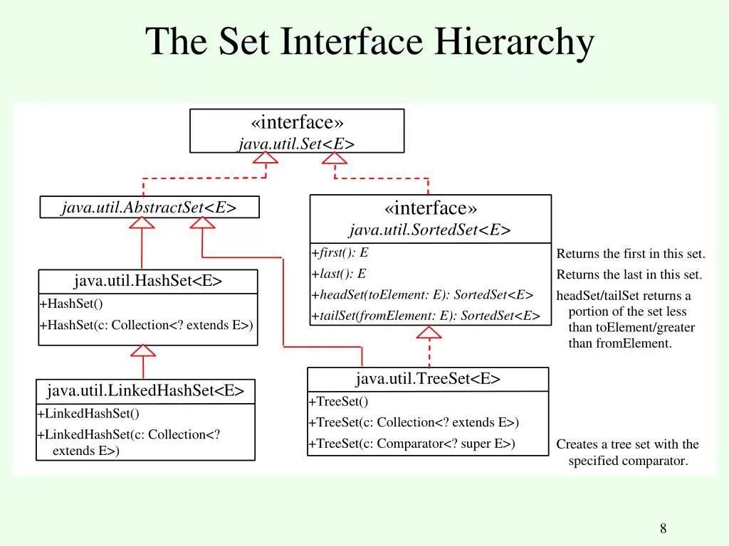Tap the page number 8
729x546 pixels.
click(x=664, y=528)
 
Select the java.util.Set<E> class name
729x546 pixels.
click(x=296, y=144)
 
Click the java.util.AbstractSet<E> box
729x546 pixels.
click(x=149, y=208)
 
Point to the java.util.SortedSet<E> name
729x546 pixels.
click(x=430, y=230)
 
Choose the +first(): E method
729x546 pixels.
click(x=340, y=252)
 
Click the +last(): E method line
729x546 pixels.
click(x=339, y=274)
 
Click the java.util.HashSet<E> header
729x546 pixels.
click(x=148, y=281)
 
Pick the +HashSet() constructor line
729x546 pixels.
click(x=71, y=304)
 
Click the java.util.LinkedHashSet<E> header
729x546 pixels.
click(x=145, y=390)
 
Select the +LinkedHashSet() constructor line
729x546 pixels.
click(x=88, y=413)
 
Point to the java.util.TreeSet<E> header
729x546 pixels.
click(x=428, y=379)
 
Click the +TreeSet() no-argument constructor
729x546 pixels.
click(x=338, y=401)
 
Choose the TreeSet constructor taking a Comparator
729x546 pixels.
click(x=411, y=444)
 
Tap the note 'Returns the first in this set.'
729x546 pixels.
click(x=631, y=254)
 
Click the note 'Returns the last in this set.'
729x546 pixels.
click(x=629, y=274)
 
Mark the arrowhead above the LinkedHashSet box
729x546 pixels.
click(x=144, y=350)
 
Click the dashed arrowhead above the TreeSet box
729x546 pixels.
click(x=429, y=332)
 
